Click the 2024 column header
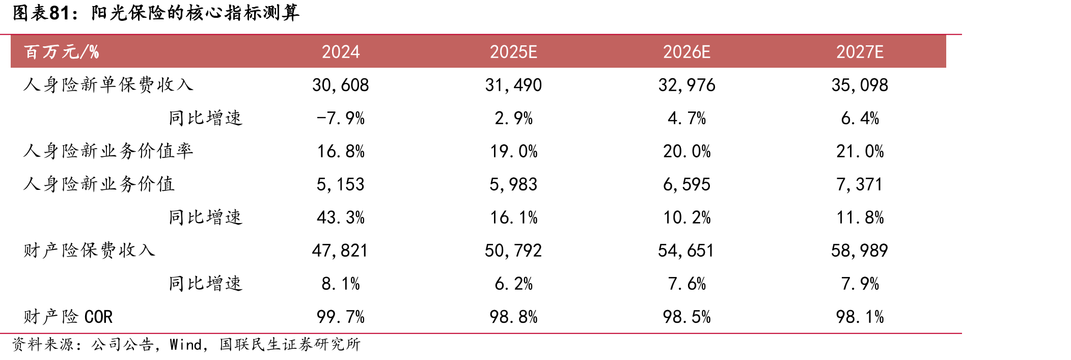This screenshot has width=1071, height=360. point(341,52)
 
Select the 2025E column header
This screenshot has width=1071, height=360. point(513,52)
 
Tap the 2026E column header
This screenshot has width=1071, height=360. point(686,52)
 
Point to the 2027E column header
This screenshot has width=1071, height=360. point(860,52)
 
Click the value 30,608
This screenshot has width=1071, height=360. point(341,85)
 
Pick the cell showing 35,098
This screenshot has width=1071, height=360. point(860,85)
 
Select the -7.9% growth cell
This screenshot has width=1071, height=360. point(341,118)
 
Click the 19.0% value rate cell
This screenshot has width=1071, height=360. point(513,151)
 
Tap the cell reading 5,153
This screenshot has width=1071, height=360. point(341,184)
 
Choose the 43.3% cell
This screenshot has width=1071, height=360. point(341,217)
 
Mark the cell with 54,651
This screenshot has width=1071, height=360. point(686,251)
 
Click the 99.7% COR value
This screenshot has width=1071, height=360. point(341,317)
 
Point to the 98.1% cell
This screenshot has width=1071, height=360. point(860,317)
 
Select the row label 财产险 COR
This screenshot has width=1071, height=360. point(68,317)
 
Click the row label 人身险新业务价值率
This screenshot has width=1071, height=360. point(108,151)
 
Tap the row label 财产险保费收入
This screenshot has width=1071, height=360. point(89,251)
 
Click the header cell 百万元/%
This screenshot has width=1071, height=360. point(61,52)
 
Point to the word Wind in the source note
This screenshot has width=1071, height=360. point(186,345)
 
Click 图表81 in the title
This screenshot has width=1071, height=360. point(41,13)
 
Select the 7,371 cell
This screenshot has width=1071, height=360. point(860,184)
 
